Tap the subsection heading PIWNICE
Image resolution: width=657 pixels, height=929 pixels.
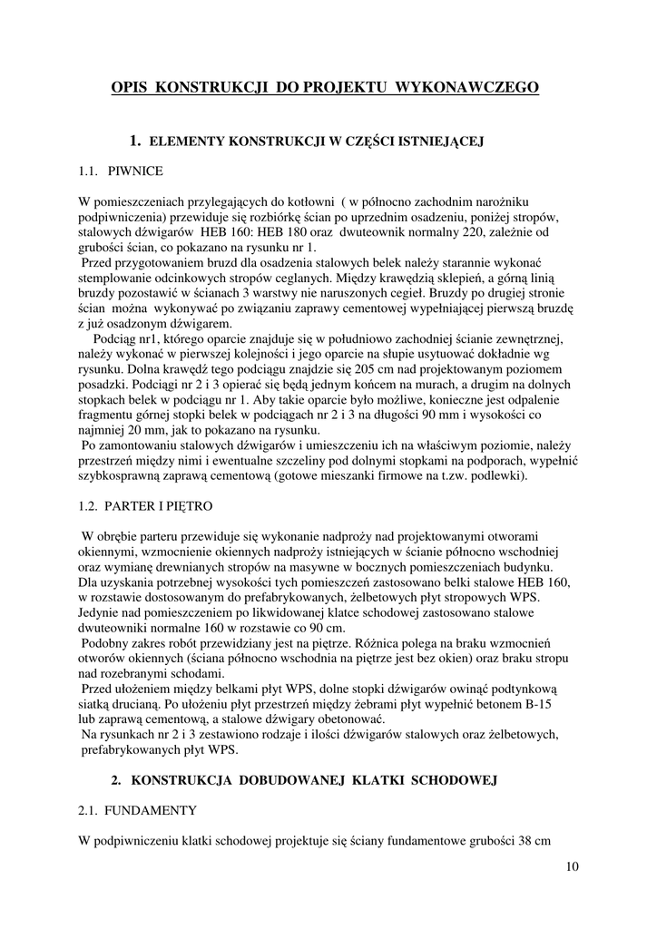click(x=136, y=170)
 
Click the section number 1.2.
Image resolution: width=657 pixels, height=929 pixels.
click(x=89, y=505)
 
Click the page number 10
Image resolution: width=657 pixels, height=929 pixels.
click(x=571, y=866)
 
